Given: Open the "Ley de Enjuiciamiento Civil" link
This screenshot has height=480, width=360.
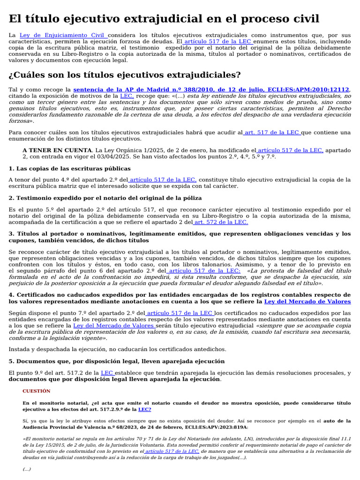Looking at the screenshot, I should [x=62, y=35].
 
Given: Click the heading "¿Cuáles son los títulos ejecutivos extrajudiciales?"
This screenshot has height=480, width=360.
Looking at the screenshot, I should [x=125, y=75].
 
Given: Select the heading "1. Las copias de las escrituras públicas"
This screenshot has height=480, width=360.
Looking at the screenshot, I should [x=69, y=168].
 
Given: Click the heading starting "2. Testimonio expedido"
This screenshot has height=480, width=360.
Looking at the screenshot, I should [x=105, y=198].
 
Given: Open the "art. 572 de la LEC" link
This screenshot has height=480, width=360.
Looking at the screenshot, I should [x=220, y=222].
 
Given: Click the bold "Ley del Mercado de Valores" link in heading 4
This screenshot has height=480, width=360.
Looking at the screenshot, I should [x=307, y=301].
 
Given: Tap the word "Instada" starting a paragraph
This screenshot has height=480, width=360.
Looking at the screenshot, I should [x=20, y=349].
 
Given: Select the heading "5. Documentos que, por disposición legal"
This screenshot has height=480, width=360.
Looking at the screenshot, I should [x=110, y=361].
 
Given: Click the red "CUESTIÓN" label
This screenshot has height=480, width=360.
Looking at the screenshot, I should [x=36, y=391].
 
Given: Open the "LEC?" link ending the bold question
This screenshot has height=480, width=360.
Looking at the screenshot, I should [x=144, y=409].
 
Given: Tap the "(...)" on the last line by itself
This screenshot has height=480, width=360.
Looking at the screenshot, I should [x=27, y=469].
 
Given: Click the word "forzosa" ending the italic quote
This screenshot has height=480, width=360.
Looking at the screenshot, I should [x=20, y=120].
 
